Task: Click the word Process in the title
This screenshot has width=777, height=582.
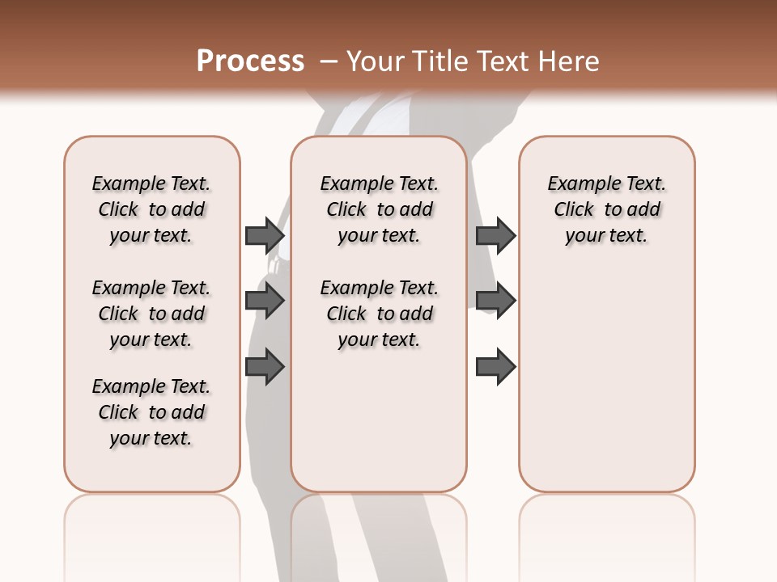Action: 250,61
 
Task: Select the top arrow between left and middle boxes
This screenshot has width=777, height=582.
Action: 265,235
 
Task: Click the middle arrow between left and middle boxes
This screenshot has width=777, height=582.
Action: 265,302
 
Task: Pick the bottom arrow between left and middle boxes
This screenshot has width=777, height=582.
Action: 265,367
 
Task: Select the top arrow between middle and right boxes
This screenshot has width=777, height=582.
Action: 495,235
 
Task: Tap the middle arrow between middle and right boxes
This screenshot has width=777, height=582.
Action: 495,302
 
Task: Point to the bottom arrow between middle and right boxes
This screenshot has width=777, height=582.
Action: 495,367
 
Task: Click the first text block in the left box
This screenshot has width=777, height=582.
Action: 151,209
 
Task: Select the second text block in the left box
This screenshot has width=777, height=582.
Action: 151,314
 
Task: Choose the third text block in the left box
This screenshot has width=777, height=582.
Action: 151,412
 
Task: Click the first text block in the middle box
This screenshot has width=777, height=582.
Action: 379,209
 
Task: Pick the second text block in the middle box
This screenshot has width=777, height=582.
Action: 379,314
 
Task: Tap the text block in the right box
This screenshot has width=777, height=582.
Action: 606,209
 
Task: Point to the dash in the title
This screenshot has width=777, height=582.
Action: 329,61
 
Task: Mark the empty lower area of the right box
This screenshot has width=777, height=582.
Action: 606,380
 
